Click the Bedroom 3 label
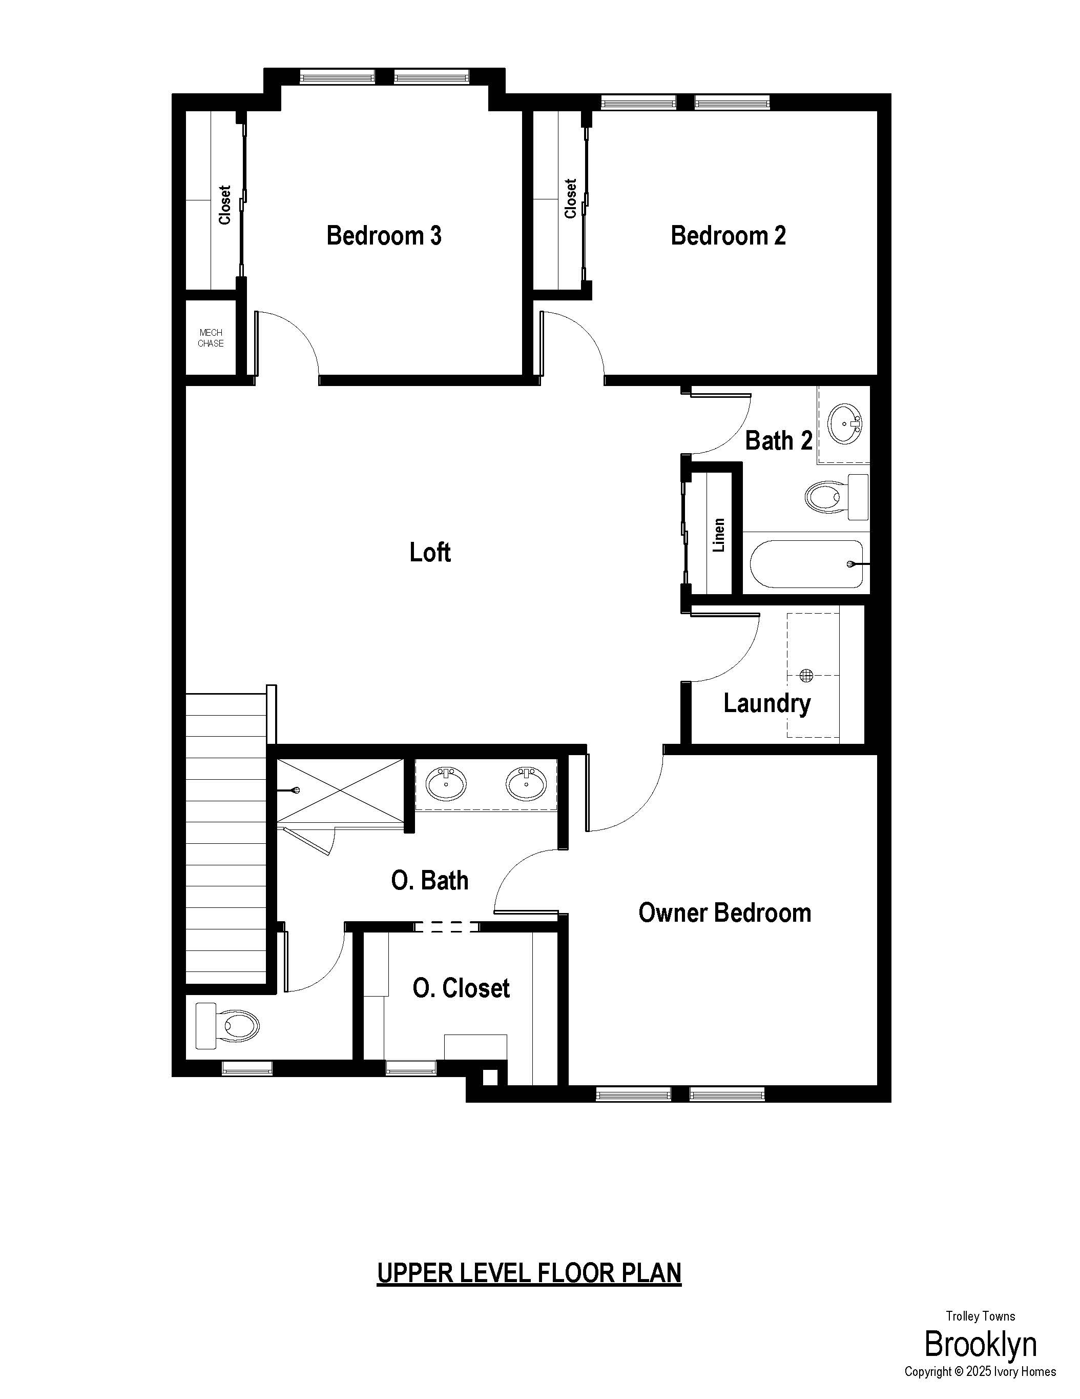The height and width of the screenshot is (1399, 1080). (384, 236)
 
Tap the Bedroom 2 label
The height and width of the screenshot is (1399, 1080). (728, 236)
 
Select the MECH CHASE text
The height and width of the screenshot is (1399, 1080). (211, 338)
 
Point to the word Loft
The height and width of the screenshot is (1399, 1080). (430, 552)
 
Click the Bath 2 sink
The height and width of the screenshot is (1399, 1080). (845, 423)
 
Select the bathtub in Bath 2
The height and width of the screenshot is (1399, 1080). (806, 564)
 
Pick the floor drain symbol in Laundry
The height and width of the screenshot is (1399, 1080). (806, 675)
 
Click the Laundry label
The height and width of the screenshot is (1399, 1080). (767, 704)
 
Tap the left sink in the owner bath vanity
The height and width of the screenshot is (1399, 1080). (446, 783)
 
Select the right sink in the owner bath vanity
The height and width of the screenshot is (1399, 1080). (526, 783)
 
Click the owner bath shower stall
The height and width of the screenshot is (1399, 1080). (341, 790)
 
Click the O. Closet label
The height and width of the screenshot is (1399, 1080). (461, 988)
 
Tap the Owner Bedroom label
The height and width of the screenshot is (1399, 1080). (724, 913)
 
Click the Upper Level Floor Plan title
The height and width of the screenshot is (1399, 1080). (529, 1273)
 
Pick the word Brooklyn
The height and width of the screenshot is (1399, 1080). (980, 1345)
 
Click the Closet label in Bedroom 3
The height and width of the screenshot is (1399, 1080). (225, 205)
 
